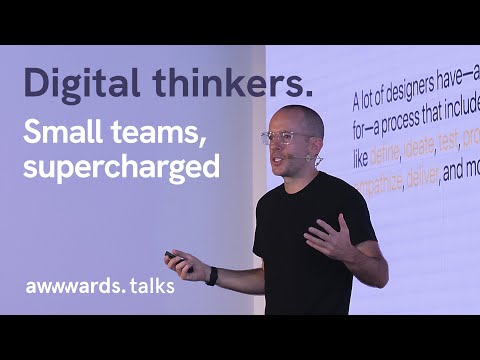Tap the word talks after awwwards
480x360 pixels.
click(147, 286)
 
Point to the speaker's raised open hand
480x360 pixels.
click(329, 238)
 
